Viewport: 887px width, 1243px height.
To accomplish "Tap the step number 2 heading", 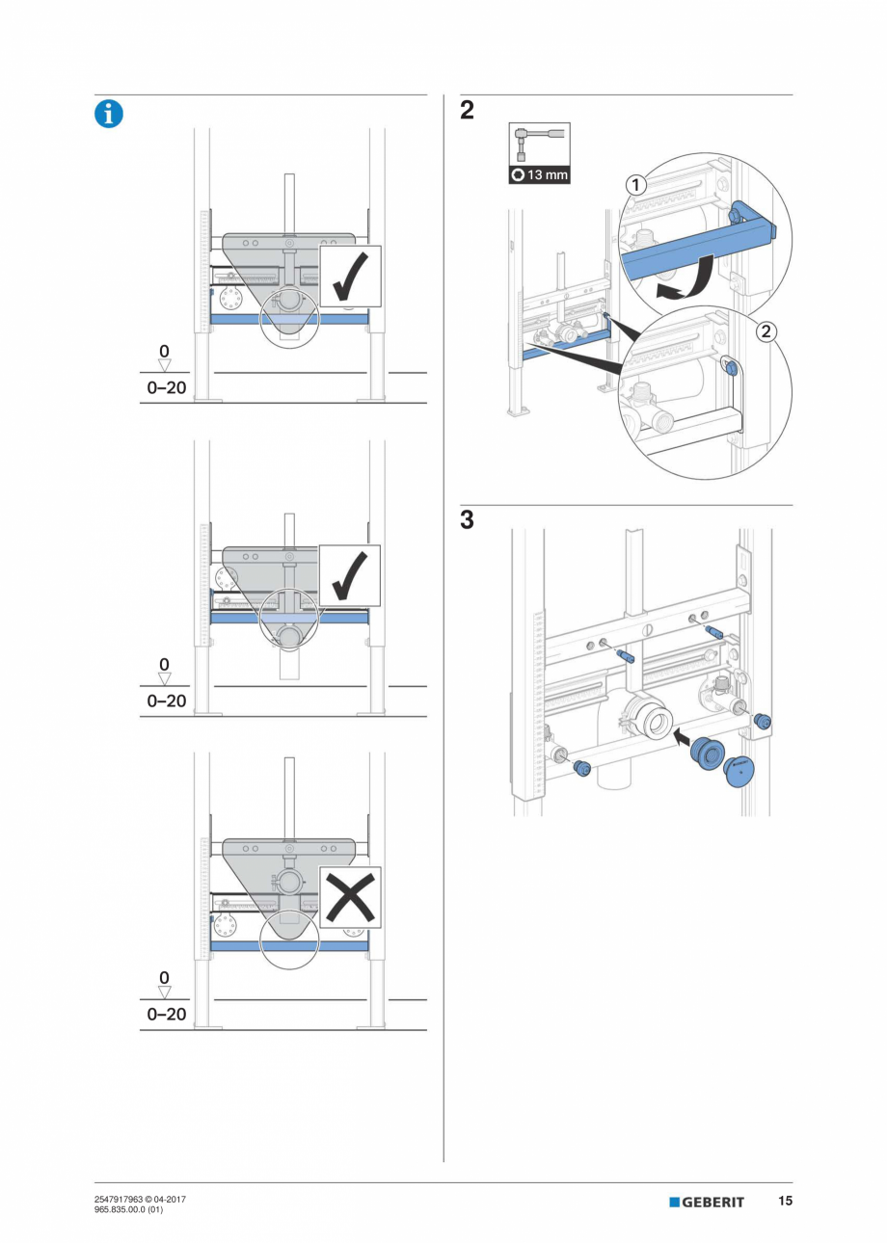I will click(467, 111).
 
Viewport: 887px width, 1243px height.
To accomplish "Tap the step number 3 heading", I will click(467, 521).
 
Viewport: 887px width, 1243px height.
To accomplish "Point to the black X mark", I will click(350, 897).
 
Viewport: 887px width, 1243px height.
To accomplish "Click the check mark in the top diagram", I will click(350, 277).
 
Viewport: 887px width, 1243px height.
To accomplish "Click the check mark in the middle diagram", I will click(350, 576).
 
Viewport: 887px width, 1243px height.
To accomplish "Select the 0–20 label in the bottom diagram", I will click(167, 1015).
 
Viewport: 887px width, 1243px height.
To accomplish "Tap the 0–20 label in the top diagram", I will click(167, 388).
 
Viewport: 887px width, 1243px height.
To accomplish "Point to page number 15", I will click(786, 1201).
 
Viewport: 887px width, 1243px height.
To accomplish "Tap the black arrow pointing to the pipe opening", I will click(683, 739).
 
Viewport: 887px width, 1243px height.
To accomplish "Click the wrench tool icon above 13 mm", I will click(539, 145).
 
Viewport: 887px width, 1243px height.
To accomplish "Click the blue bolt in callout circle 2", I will click(732, 367).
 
